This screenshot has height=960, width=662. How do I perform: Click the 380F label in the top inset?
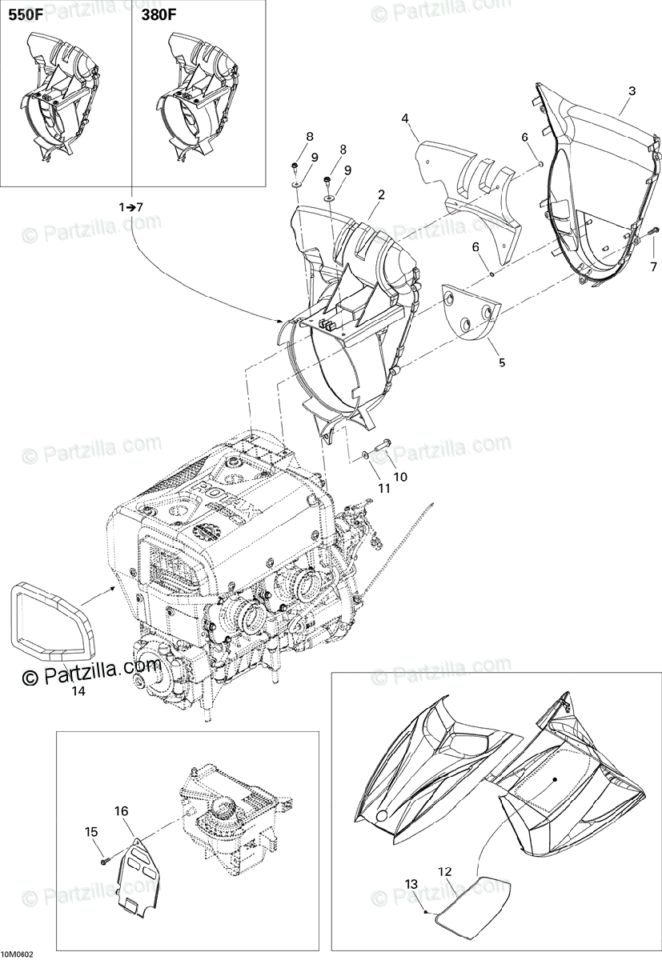click(x=159, y=15)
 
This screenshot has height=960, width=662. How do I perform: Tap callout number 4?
click(x=406, y=118)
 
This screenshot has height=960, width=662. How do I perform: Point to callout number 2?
click(x=382, y=194)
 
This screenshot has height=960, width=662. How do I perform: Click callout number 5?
click(x=502, y=362)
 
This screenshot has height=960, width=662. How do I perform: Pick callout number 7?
click(x=652, y=266)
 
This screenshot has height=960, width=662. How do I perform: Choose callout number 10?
click(x=400, y=477)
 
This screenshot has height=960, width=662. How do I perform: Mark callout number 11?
click(x=384, y=487)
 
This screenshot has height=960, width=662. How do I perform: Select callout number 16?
click(x=121, y=811)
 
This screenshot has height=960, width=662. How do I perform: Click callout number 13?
click(x=411, y=883)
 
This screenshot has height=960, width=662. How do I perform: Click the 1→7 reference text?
click(x=129, y=206)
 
